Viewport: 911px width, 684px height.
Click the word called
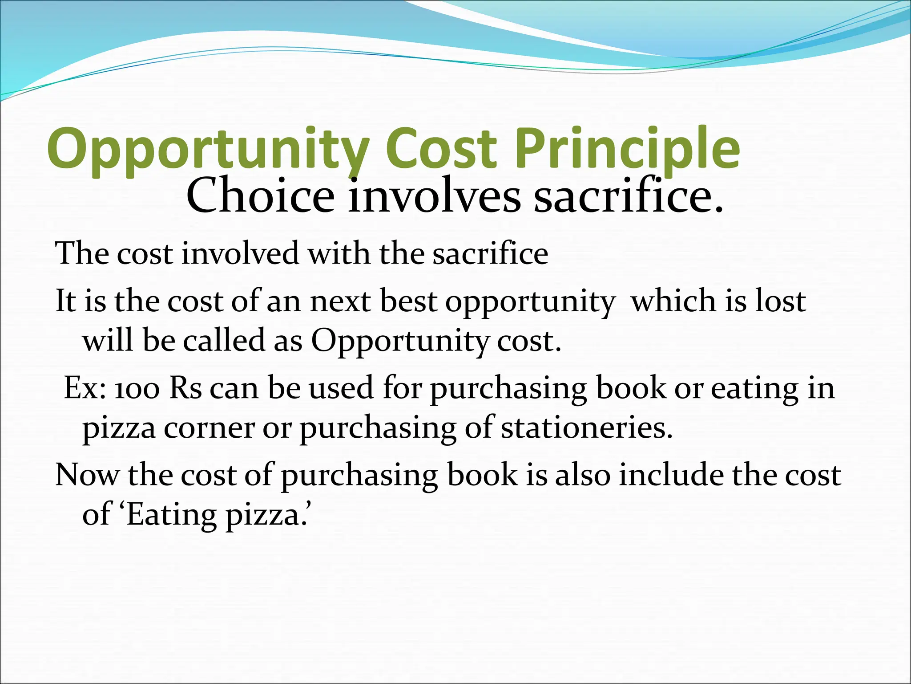click(224, 341)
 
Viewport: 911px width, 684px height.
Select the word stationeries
click(586, 428)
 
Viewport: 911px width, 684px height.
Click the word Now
click(87, 475)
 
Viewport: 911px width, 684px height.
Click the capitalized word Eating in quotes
click(171, 515)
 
